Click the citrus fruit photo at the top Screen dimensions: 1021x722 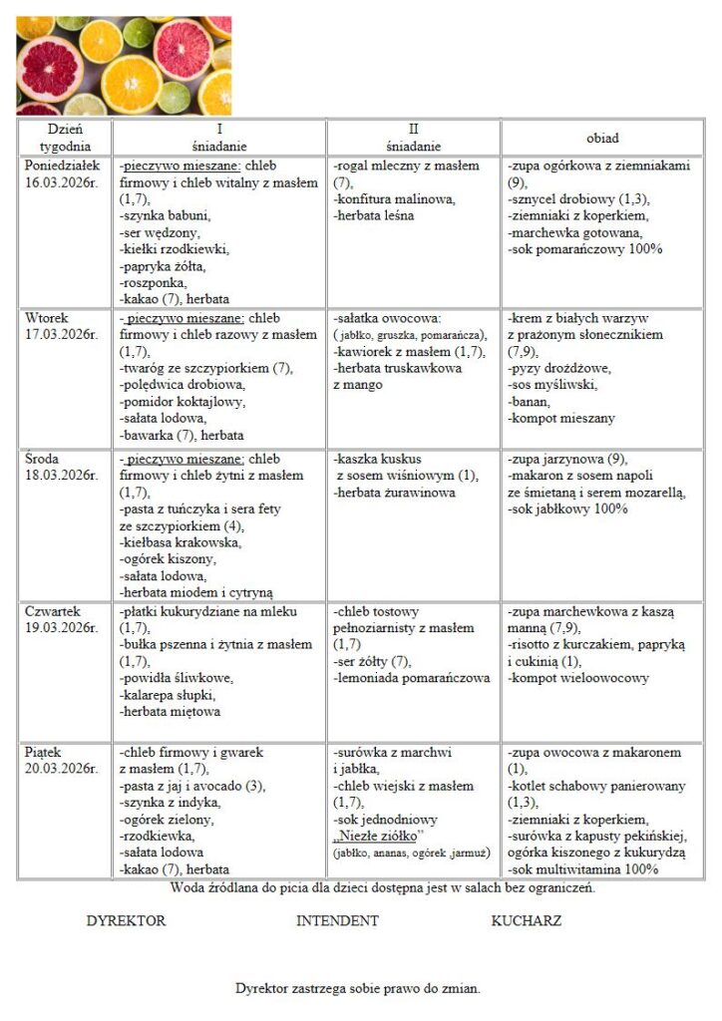point(124,66)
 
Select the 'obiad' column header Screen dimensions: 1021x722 point(601,138)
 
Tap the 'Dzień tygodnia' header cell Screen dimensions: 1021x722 point(65,138)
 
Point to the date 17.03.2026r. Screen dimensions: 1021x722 point(62,334)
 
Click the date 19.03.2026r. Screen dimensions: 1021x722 point(62,627)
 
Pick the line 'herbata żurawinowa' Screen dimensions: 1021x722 point(395,492)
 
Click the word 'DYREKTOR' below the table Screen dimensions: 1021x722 point(127,920)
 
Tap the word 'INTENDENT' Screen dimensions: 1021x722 point(337,920)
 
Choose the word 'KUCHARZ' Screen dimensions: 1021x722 point(527,920)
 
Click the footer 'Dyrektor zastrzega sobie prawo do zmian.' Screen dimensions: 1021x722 point(358,988)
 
